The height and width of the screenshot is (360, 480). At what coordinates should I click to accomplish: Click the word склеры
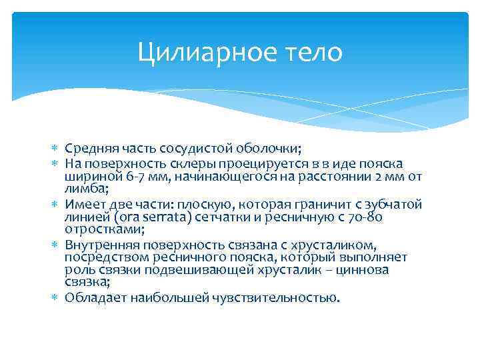[190, 163]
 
